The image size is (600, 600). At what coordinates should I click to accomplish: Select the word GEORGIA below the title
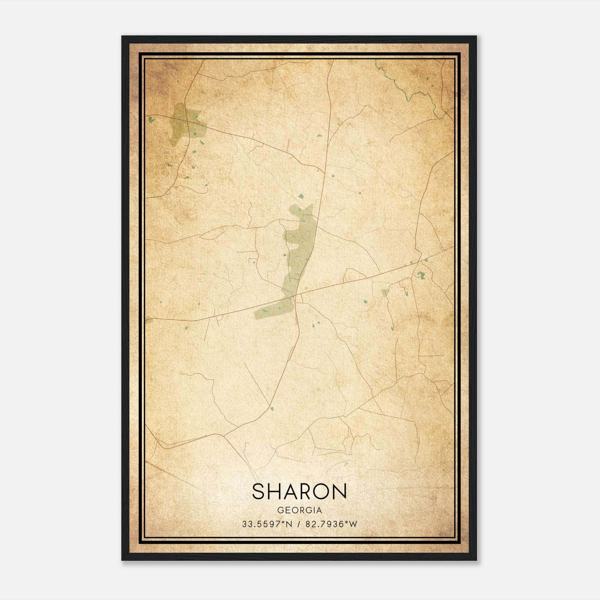tap(299, 510)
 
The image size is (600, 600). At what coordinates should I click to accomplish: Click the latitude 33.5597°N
tap(267, 524)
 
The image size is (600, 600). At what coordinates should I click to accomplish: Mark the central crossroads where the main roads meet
tap(296, 296)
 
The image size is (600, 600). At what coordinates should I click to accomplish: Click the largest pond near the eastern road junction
tap(421, 275)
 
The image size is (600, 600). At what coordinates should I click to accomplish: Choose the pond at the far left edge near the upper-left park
tap(151, 120)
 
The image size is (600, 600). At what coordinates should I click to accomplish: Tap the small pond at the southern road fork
tap(271, 408)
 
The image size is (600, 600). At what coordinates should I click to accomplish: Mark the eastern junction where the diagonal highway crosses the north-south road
tap(415, 263)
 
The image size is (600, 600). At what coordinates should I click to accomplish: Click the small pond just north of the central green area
tap(301, 195)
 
